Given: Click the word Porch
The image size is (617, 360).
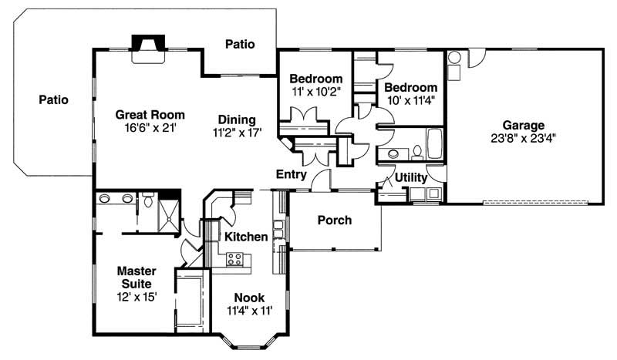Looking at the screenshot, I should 334,220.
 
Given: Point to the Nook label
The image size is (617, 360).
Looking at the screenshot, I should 249,297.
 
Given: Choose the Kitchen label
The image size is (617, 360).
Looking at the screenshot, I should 246,237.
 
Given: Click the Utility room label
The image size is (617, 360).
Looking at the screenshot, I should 411,178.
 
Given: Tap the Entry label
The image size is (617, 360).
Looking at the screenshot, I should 292,174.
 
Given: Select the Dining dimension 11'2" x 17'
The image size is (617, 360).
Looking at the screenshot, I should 236,133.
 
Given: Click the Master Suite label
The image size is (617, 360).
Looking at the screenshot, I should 137,278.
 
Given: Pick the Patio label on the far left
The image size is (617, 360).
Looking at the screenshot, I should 54,99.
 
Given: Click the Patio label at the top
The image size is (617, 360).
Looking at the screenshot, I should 240,45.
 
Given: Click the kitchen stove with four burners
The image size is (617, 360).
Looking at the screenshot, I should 235,260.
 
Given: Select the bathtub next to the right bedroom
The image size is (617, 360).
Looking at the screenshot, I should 433,143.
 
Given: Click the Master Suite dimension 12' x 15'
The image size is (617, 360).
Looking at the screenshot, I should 137,297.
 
